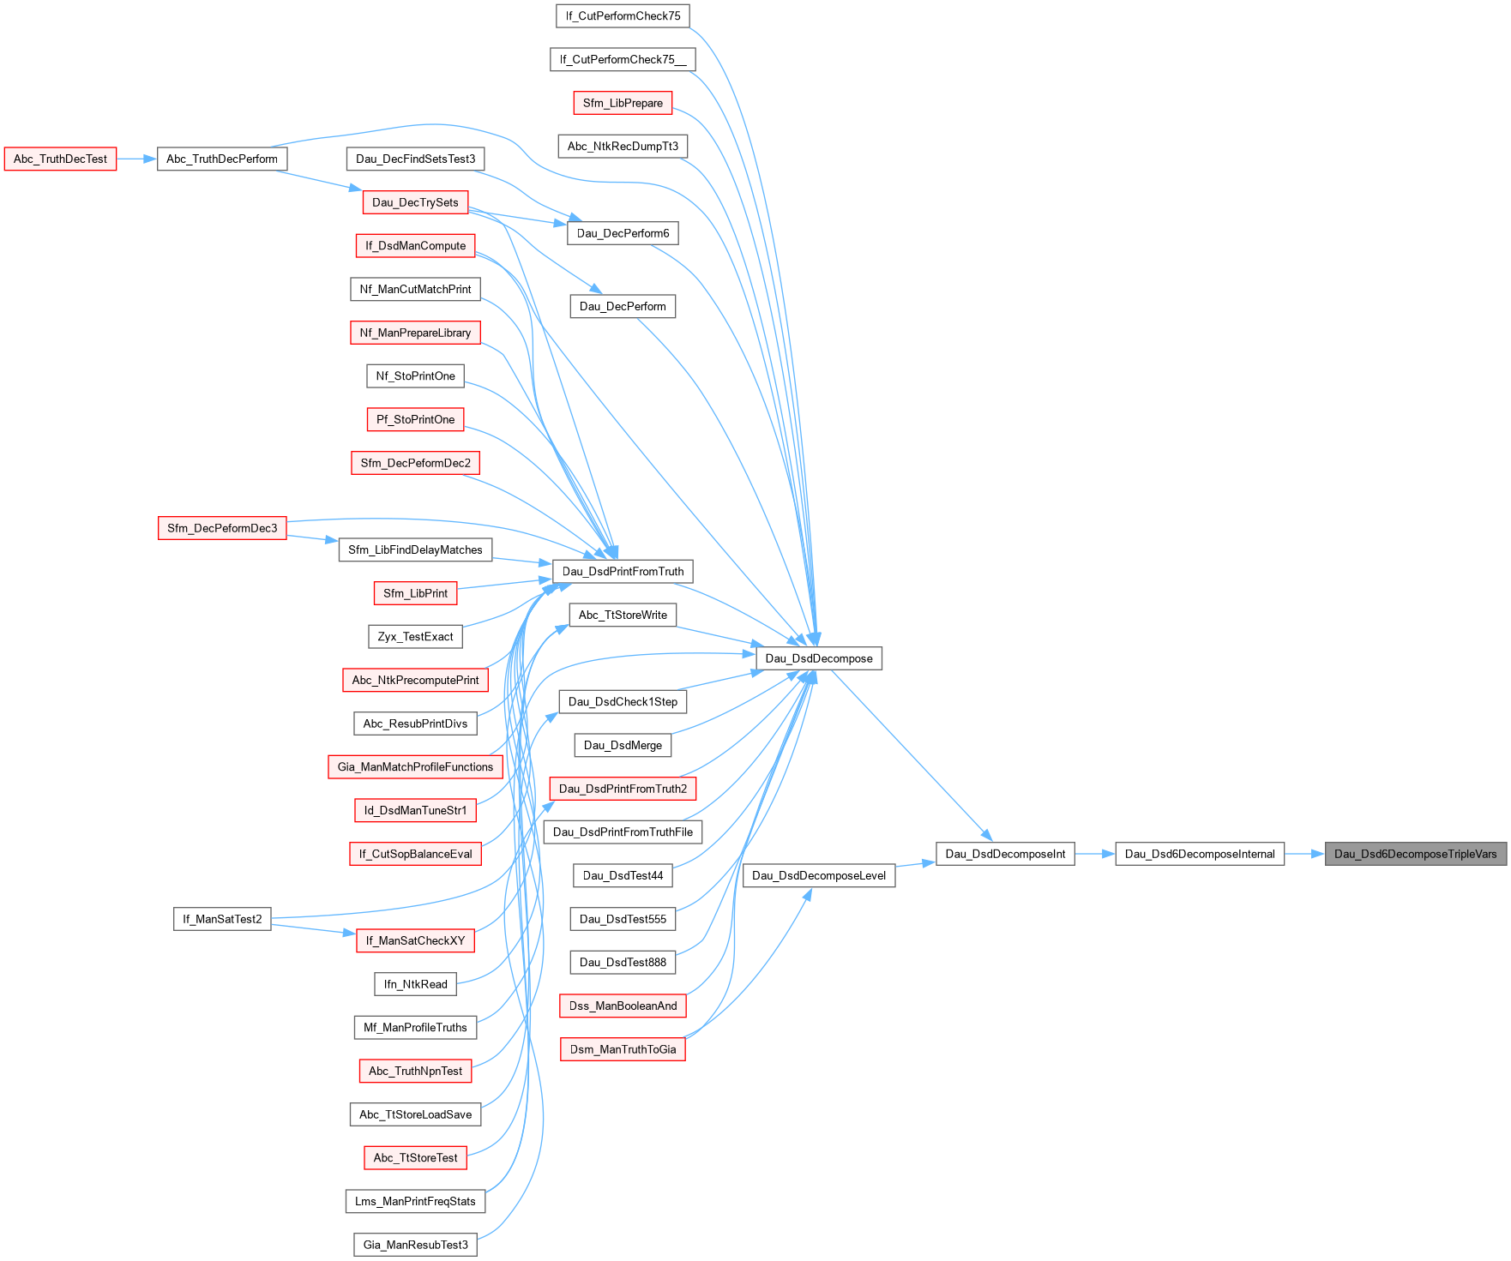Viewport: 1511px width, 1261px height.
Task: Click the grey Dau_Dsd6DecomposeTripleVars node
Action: (x=1415, y=854)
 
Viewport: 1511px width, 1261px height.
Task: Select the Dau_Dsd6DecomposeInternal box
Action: (x=1199, y=854)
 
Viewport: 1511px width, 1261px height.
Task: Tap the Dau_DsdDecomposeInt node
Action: (x=1004, y=854)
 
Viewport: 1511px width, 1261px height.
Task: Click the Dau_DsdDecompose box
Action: (x=818, y=658)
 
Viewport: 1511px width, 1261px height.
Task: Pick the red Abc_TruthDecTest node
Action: (x=60, y=159)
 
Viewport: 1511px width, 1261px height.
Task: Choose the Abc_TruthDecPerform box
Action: (x=221, y=159)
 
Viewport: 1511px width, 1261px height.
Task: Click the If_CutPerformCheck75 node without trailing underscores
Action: (x=623, y=15)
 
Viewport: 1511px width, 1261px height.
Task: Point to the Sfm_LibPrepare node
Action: (x=623, y=103)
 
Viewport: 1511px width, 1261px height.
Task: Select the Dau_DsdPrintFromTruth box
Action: (x=623, y=571)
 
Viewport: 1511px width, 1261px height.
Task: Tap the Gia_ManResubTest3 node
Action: (x=415, y=1245)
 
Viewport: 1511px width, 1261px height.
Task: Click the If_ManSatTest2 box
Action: (x=222, y=919)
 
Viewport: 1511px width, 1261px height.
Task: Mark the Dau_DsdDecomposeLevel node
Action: (x=818, y=875)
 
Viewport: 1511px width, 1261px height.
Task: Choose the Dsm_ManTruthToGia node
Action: (x=623, y=1049)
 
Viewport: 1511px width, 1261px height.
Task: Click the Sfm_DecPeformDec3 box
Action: (x=222, y=528)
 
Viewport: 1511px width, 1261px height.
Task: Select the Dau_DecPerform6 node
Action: (x=623, y=233)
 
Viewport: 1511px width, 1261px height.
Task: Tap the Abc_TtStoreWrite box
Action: (x=623, y=615)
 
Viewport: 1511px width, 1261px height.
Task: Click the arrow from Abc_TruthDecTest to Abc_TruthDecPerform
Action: (x=136, y=159)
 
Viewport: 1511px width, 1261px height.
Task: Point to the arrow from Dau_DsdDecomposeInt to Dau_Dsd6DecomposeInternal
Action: (x=1094, y=854)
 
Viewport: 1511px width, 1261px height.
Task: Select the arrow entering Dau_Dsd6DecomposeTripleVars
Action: (x=1304, y=854)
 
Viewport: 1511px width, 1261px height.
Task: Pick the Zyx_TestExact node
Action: (x=415, y=636)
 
